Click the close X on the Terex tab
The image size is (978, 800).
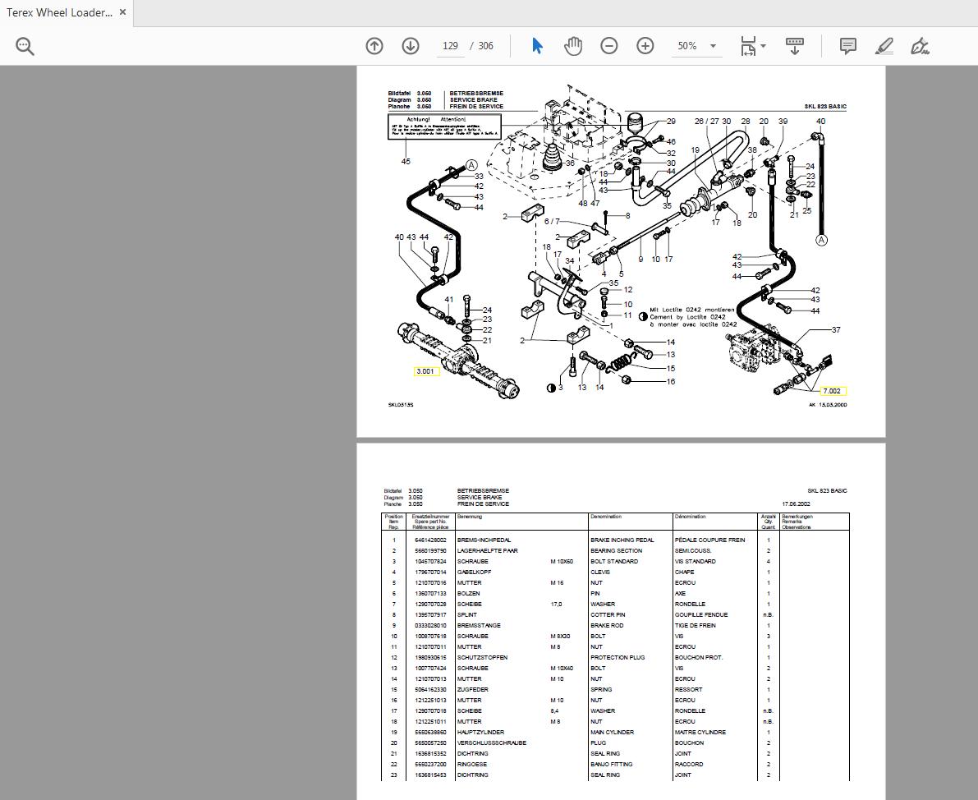point(123,12)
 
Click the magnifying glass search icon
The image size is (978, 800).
point(25,46)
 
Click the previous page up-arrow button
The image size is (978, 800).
point(374,46)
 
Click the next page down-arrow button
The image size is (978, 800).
point(411,46)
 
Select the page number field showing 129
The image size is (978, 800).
point(450,46)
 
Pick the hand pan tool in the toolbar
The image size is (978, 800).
point(573,46)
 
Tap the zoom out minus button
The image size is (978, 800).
point(609,46)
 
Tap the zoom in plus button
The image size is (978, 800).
point(645,46)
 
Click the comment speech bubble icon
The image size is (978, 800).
point(848,46)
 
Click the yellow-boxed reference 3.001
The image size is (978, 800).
point(426,371)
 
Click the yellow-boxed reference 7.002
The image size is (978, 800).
point(832,391)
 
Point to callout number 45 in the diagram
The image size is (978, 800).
point(406,162)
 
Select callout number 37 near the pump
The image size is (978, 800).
point(836,330)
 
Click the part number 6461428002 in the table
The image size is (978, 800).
point(430,540)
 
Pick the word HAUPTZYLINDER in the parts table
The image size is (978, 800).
point(480,733)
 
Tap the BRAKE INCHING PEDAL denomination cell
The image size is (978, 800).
point(622,540)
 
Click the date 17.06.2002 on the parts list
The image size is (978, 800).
point(796,504)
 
